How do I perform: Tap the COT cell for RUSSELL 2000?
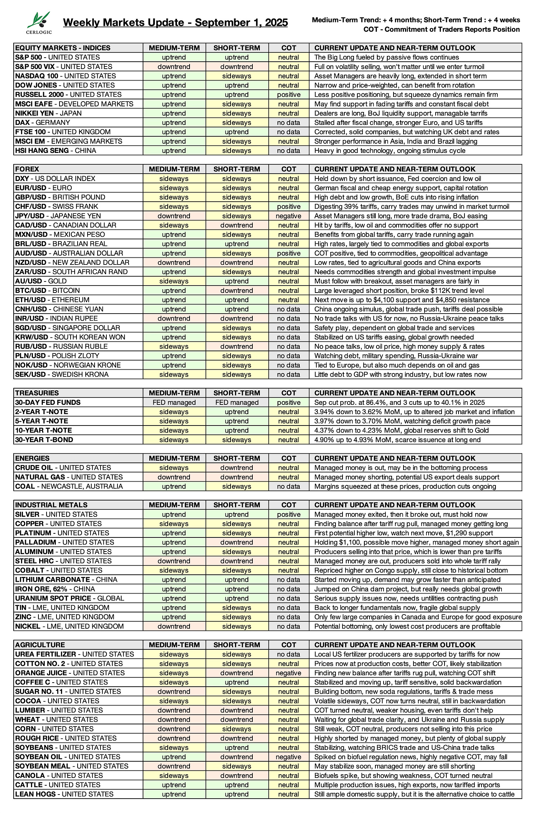point(289,95)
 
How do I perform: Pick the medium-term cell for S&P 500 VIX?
point(174,67)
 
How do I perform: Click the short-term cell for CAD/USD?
point(236,225)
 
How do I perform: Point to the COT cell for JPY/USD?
point(289,216)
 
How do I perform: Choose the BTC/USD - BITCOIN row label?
point(47,291)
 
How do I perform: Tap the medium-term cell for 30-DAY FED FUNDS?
point(174,403)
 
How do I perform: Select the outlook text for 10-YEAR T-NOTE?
point(401,430)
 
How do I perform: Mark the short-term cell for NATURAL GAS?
point(236,477)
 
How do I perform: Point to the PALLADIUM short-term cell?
point(236,542)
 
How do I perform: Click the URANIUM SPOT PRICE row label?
point(69,598)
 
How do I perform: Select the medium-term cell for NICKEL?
point(174,626)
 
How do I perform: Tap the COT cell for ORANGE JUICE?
point(289,673)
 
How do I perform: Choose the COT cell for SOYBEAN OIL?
point(289,757)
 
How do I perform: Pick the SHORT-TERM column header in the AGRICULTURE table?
point(236,645)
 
